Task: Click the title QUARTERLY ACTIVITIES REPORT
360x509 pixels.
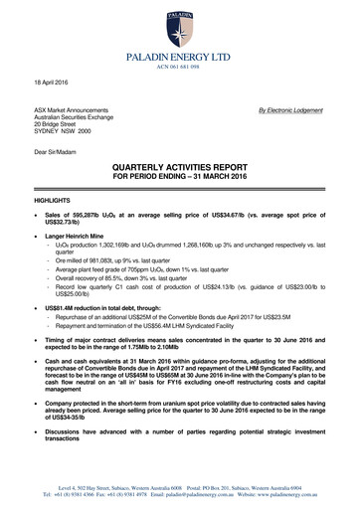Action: (180, 169)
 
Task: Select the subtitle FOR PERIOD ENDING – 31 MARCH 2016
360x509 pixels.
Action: (180, 179)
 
